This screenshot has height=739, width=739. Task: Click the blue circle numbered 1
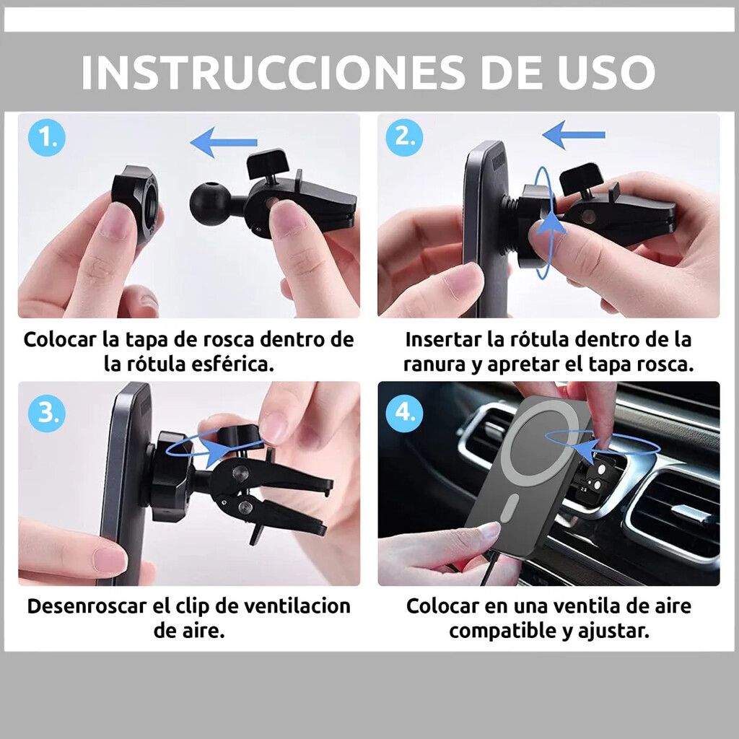tap(47, 138)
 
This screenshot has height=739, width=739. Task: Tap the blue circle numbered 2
tap(404, 137)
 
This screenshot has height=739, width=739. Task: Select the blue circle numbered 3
tap(47, 413)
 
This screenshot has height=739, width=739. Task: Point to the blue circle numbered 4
tap(404, 412)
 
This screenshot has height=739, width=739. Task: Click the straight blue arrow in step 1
tap(224, 142)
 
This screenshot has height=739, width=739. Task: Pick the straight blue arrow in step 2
tap(573, 135)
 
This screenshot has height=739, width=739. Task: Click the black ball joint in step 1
tap(206, 203)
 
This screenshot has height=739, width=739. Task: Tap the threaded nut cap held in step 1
tap(135, 203)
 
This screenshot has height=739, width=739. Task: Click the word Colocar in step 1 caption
tap(60, 339)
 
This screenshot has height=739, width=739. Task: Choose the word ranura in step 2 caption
tap(434, 364)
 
